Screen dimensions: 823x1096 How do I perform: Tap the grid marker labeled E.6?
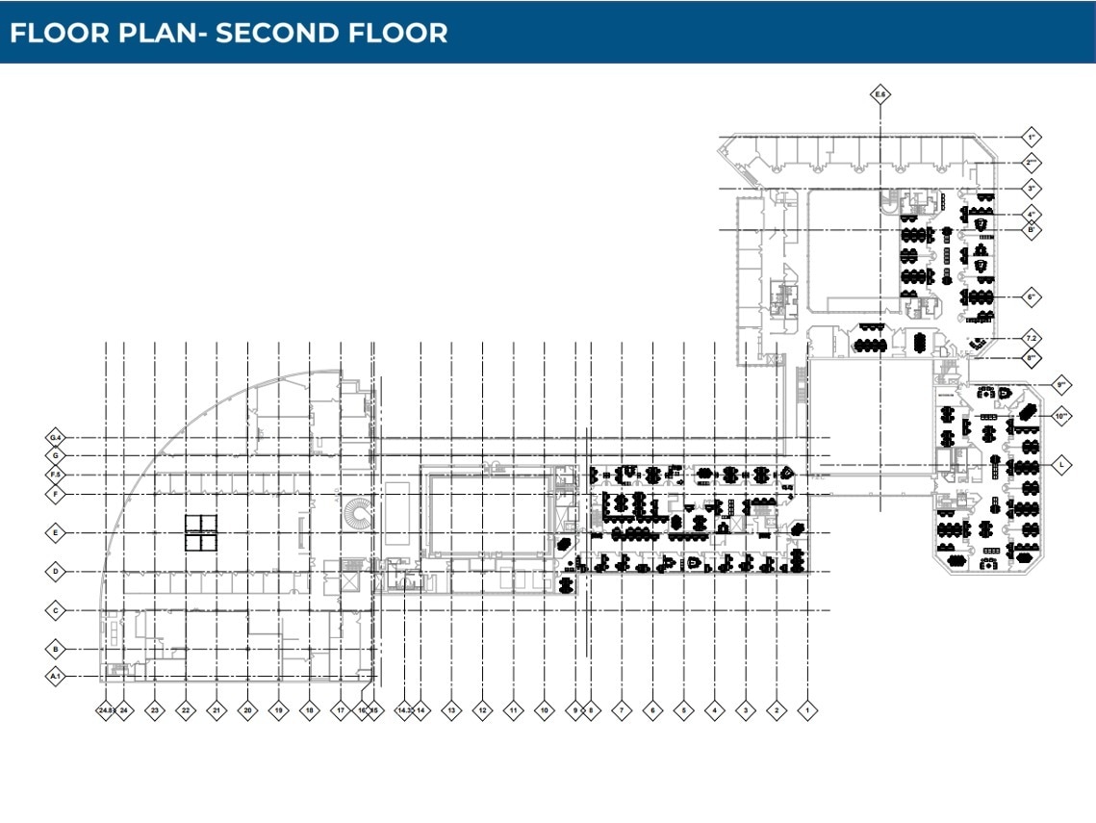pyautogui.click(x=879, y=94)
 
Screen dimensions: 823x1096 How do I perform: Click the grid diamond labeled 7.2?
pyautogui.click(x=1031, y=339)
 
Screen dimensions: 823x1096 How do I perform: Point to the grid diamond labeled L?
pyautogui.click(x=1061, y=464)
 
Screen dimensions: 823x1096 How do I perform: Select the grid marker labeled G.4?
pyautogui.click(x=56, y=437)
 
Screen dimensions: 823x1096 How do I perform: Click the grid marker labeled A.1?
pyautogui.click(x=56, y=677)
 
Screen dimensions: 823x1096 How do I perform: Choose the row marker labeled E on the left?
pyautogui.click(x=56, y=532)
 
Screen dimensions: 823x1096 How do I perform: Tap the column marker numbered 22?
pyautogui.click(x=185, y=711)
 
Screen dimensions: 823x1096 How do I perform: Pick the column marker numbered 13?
pyautogui.click(x=450, y=711)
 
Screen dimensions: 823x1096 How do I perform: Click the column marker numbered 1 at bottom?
pyautogui.click(x=807, y=711)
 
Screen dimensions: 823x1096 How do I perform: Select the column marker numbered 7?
pyautogui.click(x=622, y=711)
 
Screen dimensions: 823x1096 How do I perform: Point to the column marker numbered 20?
pyautogui.click(x=247, y=711)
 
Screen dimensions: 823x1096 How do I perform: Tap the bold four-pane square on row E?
pyautogui.click(x=202, y=532)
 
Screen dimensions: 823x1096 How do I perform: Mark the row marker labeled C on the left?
pyautogui.click(x=56, y=610)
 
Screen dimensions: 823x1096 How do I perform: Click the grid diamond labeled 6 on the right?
pyautogui.click(x=1031, y=297)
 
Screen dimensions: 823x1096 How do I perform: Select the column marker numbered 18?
pyautogui.click(x=309, y=711)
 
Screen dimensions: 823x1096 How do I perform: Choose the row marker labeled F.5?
pyautogui.click(x=56, y=475)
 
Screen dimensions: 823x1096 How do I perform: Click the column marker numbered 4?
pyautogui.click(x=714, y=711)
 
